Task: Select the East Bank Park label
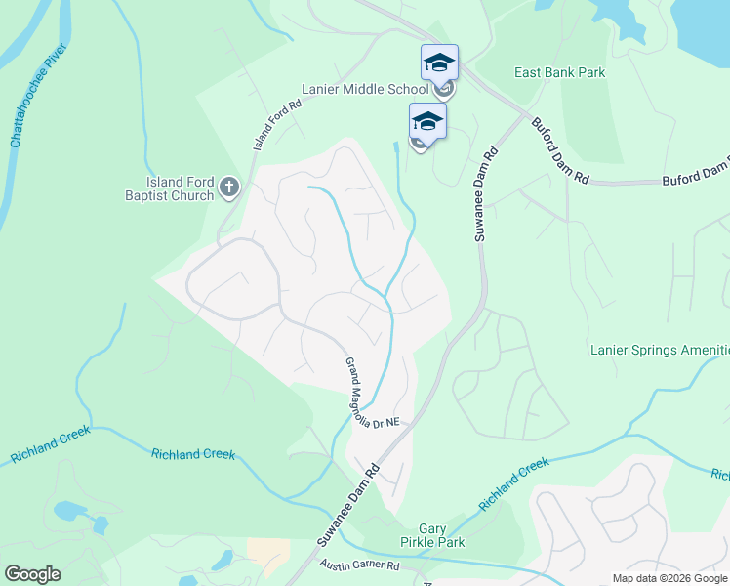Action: pyautogui.click(x=560, y=72)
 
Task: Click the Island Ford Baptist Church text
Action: pyautogui.click(x=180, y=188)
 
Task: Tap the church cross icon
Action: pyautogui.click(x=229, y=187)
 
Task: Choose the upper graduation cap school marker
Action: pyautogui.click(x=439, y=63)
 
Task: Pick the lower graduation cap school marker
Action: pyautogui.click(x=427, y=122)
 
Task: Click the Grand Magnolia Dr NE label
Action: pyautogui.click(x=372, y=395)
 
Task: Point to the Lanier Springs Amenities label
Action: pyautogui.click(x=660, y=350)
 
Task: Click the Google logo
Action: pyautogui.click(x=32, y=574)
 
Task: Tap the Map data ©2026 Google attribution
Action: pyautogui.click(x=669, y=578)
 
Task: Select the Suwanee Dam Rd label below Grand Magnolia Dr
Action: pyautogui.click(x=347, y=506)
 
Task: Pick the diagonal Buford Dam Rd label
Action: pyautogui.click(x=560, y=150)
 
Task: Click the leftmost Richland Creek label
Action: pyautogui.click(x=51, y=444)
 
